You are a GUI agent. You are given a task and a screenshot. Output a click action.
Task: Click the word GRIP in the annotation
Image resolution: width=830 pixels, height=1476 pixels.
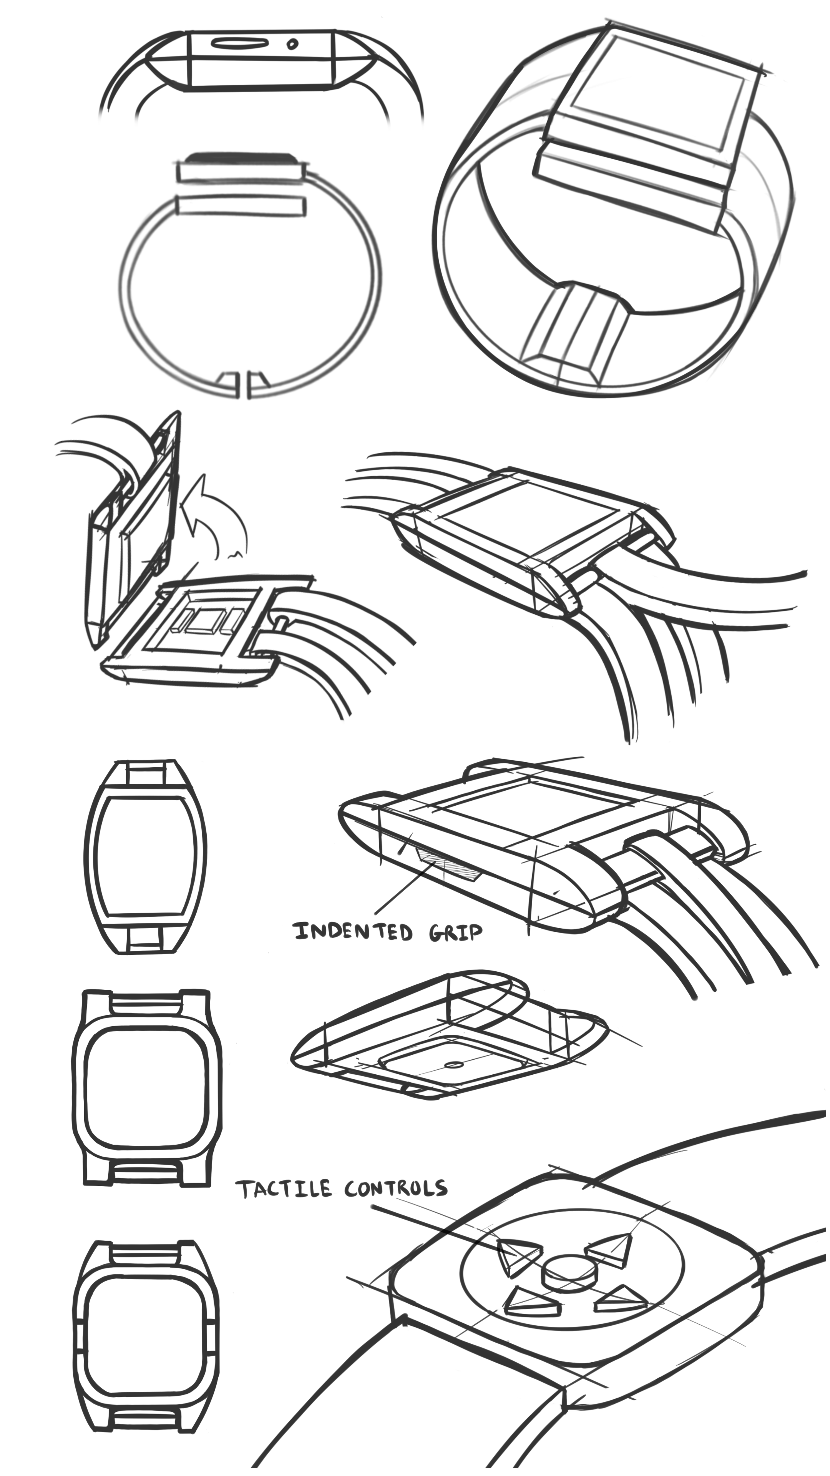coord(455,933)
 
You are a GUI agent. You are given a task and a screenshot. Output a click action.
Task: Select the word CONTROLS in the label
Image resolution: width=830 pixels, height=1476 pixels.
coord(395,1188)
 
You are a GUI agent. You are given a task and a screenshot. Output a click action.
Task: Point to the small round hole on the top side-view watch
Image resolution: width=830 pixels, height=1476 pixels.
coord(293,43)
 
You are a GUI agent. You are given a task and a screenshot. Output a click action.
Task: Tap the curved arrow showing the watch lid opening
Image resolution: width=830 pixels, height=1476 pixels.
coord(215,516)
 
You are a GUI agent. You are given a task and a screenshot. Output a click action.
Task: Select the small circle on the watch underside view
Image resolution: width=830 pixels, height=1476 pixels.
coord(454,1065)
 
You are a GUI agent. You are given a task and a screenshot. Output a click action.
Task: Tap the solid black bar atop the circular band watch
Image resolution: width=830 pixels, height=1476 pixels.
coord(239,156)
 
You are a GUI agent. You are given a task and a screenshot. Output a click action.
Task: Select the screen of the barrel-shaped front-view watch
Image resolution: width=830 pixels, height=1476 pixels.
coord(146,856)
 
